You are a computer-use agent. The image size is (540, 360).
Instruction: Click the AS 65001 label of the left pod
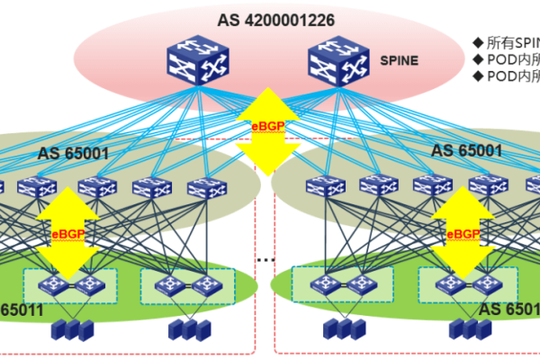[x=73, y=153]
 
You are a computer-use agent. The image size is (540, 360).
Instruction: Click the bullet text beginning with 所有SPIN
[x=512, y=41]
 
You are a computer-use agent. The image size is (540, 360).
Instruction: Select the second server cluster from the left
[x=183, y=329]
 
